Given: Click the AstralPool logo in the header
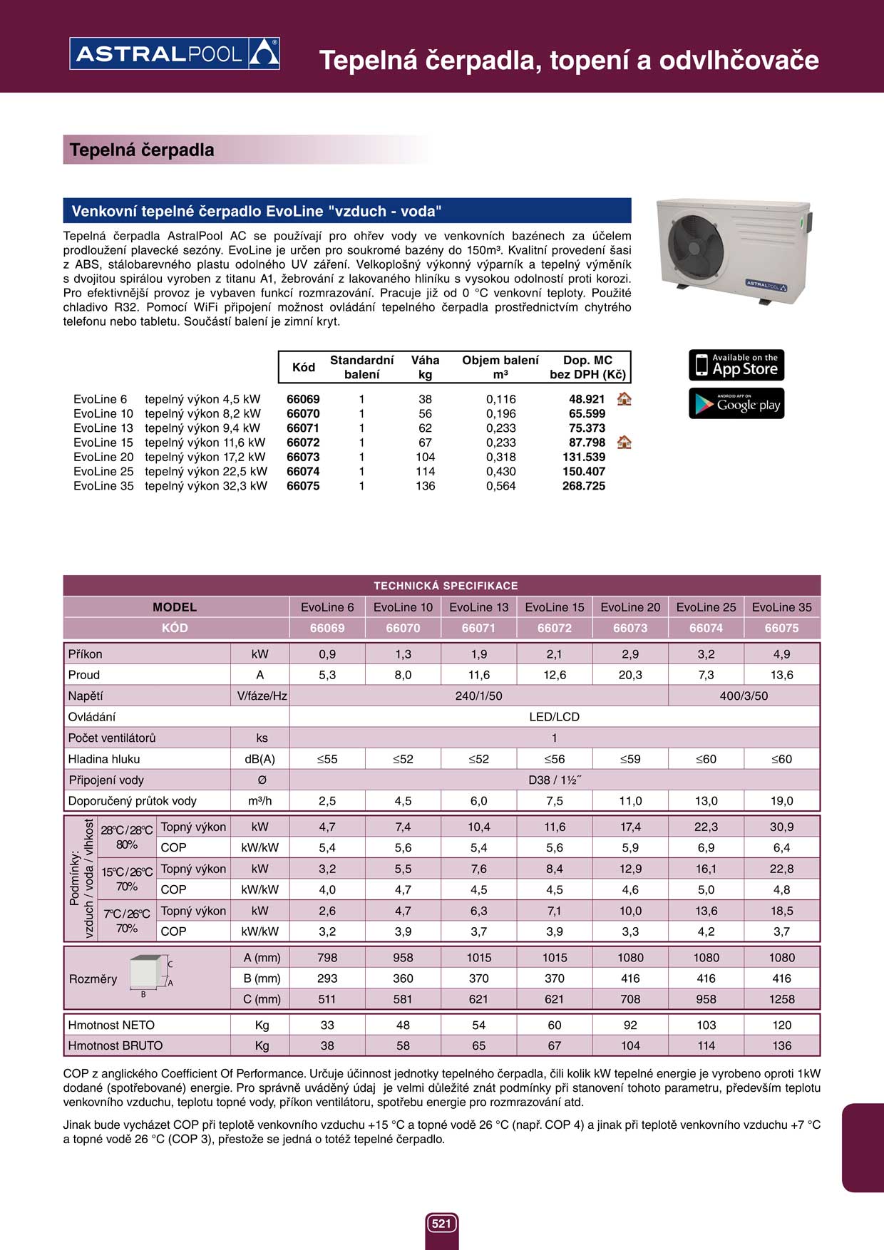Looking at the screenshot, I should point(175,53).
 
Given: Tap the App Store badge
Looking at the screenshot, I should point(736,365).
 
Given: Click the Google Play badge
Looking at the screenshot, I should point(736,403).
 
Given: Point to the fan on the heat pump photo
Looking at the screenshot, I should point(695,244).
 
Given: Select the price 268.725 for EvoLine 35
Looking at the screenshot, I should point(584,486).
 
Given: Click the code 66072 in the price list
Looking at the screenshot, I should point(303,443).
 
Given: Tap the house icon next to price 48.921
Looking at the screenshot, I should point(624,399).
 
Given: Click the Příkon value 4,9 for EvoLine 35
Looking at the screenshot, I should point(781,654).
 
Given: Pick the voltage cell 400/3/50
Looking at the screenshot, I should point(744,696).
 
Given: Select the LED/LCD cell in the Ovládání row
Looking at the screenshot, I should point(554,717).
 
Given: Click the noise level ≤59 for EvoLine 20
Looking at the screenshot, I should point(630,759).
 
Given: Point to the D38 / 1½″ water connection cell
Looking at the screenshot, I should point(554,780).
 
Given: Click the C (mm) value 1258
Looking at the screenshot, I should point(781,999).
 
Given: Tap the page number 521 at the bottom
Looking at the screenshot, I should point(441,1224).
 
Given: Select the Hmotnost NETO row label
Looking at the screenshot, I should point(111,1025).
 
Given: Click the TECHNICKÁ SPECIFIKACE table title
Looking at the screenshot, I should point(446,586).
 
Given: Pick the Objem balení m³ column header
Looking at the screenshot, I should point(500,367).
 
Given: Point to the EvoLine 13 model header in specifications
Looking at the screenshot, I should point(478,607).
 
